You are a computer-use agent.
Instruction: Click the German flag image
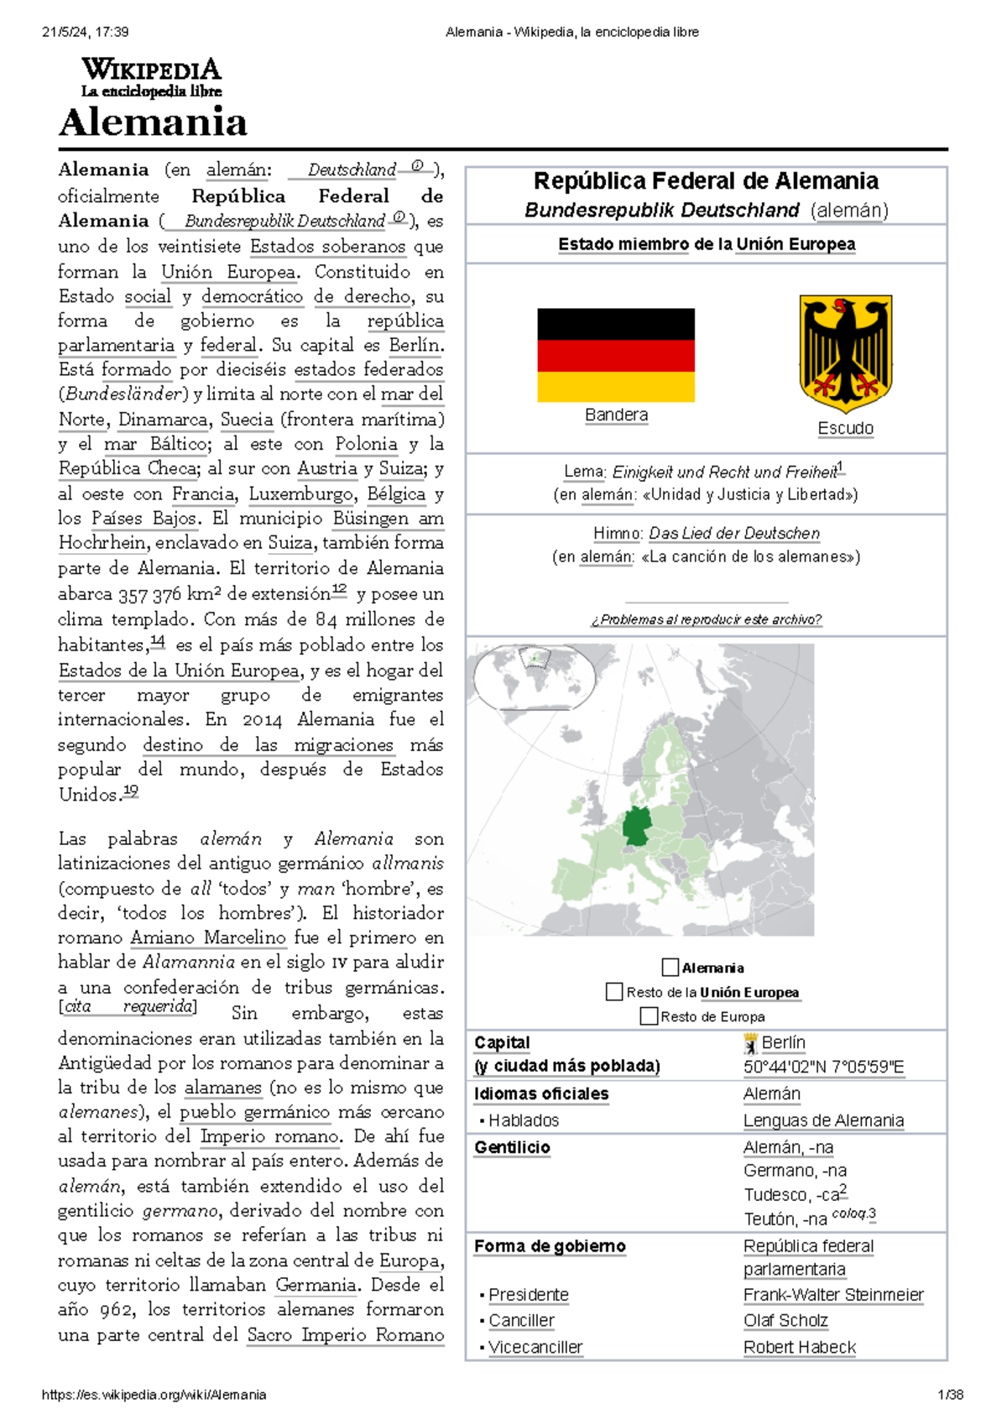[x=616, y=355]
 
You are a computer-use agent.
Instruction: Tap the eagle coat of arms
[x=845, y=353]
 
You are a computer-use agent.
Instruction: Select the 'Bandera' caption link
[x=616, y=415]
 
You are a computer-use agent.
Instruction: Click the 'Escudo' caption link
[x=845, y=429]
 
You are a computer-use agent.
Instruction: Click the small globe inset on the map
[x=534, y=676]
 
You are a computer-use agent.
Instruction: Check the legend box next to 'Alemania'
[x=670, y=968]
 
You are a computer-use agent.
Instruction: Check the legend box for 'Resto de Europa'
[x=648, y=1016]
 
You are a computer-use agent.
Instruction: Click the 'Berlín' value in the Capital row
[x=783, y=1042]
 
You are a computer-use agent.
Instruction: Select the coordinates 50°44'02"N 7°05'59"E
[x=823, y=1067]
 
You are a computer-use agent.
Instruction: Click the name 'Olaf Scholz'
[x=785, y=1321]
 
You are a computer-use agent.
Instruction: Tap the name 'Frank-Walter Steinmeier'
[x=833, y=1295]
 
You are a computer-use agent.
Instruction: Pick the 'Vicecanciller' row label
[x=535, y=1347]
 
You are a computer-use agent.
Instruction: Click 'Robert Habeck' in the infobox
[x=799, y=1347]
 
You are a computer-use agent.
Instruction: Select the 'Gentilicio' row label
[x=512, y=1147]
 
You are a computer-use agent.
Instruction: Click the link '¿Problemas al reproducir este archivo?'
[x=706, y=619]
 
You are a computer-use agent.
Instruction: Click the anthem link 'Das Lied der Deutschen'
[x=733, y=533]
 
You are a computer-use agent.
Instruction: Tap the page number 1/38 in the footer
[x=950, y=1395]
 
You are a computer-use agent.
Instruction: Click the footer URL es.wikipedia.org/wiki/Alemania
[x=154, y=1395]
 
